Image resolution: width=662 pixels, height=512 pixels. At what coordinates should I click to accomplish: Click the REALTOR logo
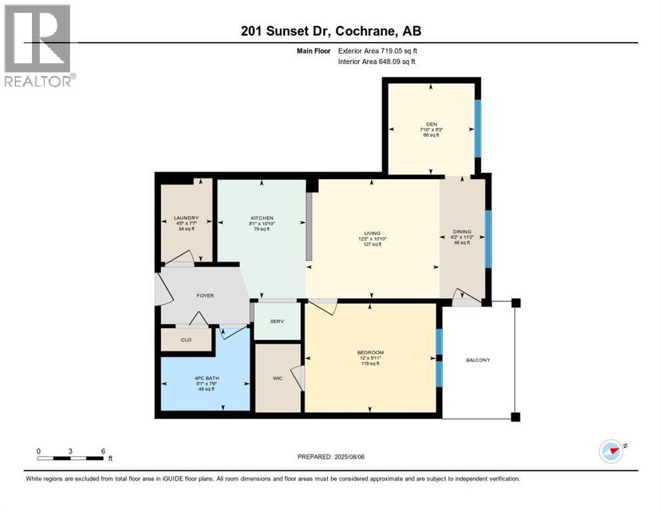(x=39, y=45)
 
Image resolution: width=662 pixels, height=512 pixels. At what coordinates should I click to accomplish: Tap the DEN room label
(x=431, y=123)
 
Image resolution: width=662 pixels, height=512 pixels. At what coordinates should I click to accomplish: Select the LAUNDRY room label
(x=186, y=218)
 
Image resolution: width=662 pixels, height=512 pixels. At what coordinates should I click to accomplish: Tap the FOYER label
(x=204, y=295)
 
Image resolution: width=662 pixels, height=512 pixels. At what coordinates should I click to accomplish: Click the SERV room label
(x=277, y=321)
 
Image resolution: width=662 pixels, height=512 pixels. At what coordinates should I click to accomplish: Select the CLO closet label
(x=186, y=340)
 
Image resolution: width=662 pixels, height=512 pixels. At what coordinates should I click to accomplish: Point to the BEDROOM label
(x=370, y=353)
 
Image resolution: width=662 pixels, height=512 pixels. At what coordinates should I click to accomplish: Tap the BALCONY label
(x=478, y=361)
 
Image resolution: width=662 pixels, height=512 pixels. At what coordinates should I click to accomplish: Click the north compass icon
(x=611, y=451)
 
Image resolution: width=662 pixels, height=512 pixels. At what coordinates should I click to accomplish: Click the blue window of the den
(x=477, y=128)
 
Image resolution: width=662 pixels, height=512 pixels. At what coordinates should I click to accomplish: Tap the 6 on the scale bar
(x=103, y=451)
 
